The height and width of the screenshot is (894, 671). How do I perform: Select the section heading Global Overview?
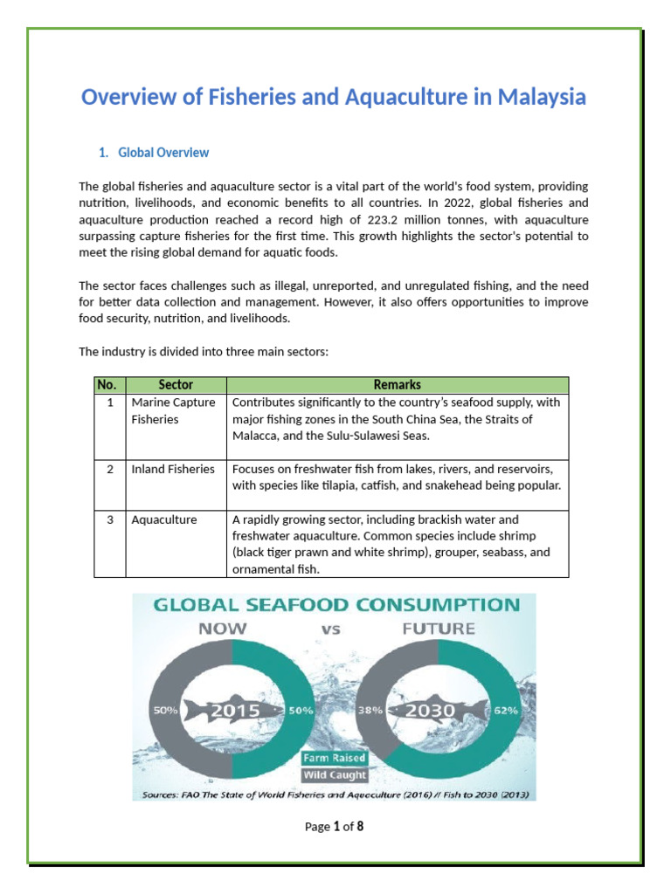tap(163, 153)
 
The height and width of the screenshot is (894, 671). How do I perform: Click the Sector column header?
tap(176, 385)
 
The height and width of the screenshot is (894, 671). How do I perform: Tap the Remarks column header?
tap(397, 385)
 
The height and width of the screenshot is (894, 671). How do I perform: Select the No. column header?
tap(107, 385)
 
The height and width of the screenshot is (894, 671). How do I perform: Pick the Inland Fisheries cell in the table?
tap(172, 470)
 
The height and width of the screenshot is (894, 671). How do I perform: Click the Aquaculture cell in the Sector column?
tap(163, 520)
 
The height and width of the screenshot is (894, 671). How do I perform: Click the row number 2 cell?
tap(110, 470)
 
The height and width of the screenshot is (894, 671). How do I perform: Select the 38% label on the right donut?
tap(371, 711)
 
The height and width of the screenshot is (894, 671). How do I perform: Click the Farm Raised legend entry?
tap(335, 758)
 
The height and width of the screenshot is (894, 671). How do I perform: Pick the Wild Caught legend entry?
tap(335, 774)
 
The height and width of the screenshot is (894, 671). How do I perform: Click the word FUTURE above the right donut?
tap(438, 629)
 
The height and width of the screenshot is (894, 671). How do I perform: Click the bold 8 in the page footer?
tap(359, 826)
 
